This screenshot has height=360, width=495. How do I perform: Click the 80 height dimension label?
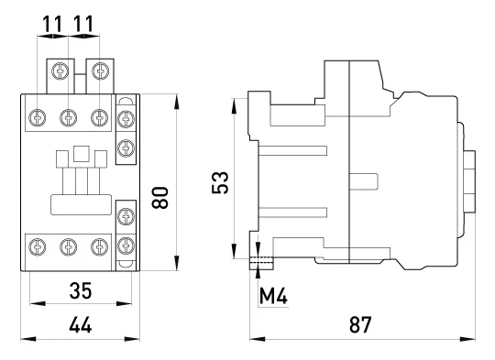click(159, 198)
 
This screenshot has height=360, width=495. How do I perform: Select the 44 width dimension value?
click(81, 324)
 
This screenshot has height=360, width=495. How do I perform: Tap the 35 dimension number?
click(81, 290)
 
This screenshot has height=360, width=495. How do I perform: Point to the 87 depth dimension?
click(360, 324)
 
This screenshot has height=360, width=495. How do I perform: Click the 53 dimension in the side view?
click(220, 182)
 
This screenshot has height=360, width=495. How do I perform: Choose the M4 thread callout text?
click(273, 296)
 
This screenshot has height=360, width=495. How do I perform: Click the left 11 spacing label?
click(52, 24)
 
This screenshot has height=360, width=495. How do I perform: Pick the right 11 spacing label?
click(83, 24)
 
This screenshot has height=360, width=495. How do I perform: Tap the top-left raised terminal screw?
click(60, 71)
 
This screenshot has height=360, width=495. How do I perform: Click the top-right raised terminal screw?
click(101, 71)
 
